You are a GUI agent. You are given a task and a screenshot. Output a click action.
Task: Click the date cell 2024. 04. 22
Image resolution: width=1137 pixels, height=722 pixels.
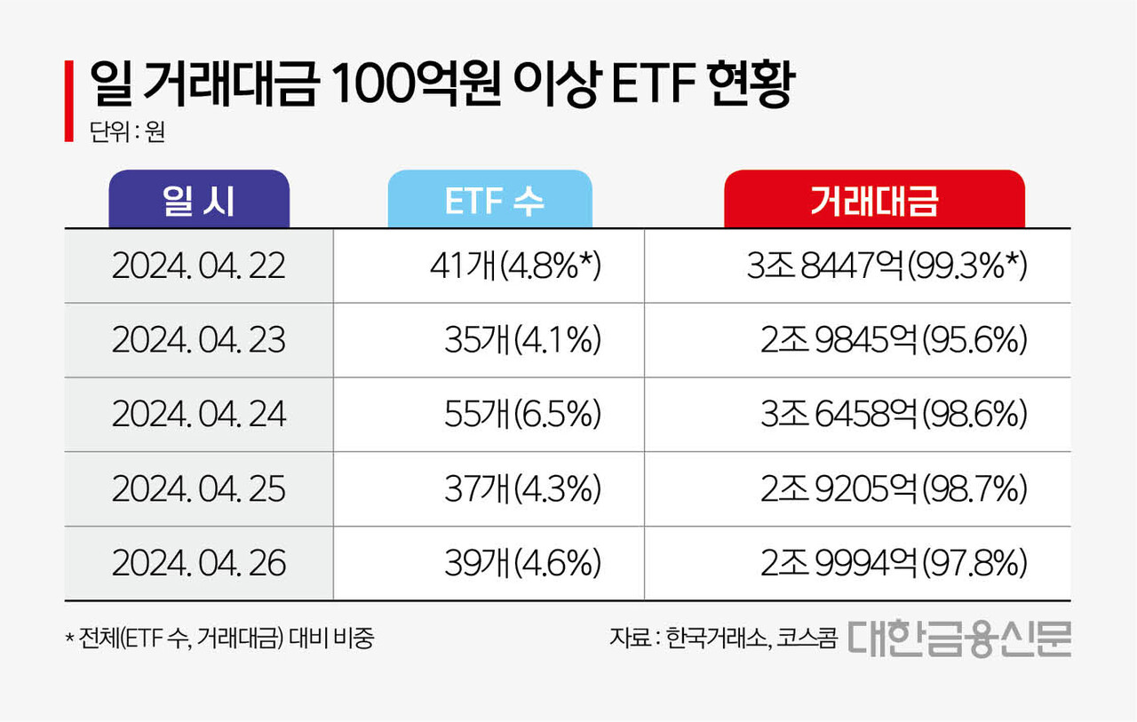(x=199, y=266)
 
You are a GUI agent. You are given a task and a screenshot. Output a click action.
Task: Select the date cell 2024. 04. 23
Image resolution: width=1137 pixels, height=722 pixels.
(x=199, y=341)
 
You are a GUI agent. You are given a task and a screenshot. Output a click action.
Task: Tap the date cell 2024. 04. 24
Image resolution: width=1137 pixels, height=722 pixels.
(x=199, y=415)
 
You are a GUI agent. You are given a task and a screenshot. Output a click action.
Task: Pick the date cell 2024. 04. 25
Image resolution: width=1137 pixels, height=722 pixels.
(x=199, y=489)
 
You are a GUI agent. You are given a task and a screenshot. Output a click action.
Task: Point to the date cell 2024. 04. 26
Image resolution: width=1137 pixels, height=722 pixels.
(x=199, y=563)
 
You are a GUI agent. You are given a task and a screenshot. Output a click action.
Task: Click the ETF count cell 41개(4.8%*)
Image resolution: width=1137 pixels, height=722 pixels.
(x=515, y=266)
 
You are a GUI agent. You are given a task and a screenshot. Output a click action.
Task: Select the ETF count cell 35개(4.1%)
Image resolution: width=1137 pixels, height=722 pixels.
(x=522, y=341)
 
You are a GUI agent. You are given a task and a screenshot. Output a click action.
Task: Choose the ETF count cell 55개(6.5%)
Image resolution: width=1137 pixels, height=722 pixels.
(x=522, y=415)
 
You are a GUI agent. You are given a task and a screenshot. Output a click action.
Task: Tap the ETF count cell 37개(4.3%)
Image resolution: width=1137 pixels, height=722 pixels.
(x=522, y=489)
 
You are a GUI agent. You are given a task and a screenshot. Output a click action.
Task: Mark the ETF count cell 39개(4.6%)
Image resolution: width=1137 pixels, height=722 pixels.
(x=522, y=563)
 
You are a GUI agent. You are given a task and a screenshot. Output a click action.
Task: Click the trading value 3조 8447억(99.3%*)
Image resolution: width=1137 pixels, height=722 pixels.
(x=887, y=266)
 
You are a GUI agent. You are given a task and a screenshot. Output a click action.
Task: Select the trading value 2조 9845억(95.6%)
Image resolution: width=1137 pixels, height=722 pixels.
(x=894, y=341)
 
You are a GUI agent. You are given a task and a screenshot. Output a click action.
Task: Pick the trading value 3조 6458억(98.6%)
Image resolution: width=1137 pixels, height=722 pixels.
(x=894, y=415)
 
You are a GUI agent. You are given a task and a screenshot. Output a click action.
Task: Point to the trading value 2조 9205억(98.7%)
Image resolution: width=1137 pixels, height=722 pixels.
(x=894, y=489)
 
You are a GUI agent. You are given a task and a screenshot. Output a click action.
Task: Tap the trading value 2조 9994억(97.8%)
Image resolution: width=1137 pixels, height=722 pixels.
(x=894, y=563)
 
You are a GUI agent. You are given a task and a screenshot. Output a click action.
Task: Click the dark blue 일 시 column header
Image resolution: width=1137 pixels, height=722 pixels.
(x=199, y=200)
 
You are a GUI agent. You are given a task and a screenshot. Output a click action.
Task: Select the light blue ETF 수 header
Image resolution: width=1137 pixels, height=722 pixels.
(x=489, y=200)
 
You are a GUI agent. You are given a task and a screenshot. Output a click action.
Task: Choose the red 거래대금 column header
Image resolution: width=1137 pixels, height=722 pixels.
(x=874, y=200)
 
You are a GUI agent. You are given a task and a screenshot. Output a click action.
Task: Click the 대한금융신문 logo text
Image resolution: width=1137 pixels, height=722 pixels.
(x=958, y=638)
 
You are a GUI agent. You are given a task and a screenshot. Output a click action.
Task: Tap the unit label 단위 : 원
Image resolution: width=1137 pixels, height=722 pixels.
(x=127, y=132)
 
